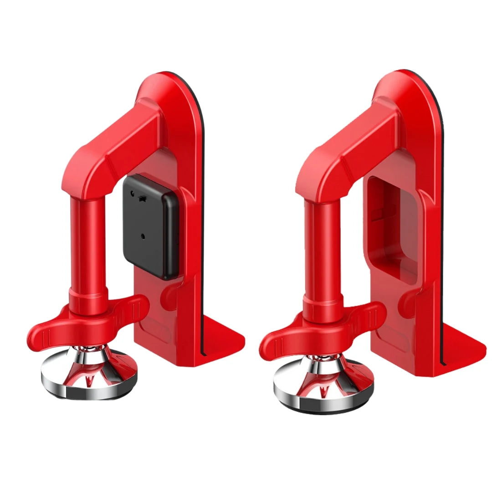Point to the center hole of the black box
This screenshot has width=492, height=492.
(143, 236)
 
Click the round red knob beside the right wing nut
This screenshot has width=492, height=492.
(405, 301)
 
